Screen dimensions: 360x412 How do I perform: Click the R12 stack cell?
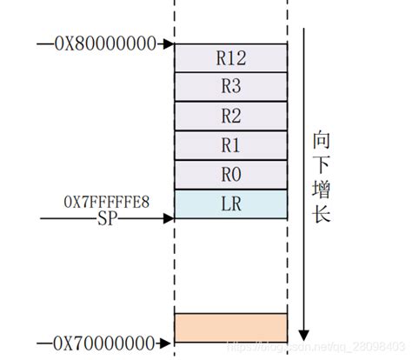[230, 58]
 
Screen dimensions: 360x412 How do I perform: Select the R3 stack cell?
[230, 88]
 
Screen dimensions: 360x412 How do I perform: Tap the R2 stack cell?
[230, 117]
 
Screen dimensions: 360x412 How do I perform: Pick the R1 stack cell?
[230, 145]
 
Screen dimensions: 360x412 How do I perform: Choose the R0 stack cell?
[230, 174]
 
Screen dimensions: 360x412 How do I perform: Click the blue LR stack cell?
[230, 203]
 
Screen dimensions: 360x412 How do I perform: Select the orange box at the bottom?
[230, 327]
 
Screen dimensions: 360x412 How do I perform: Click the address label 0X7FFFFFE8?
[106, 203]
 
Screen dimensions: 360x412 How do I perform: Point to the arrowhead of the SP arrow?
[171, 218]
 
